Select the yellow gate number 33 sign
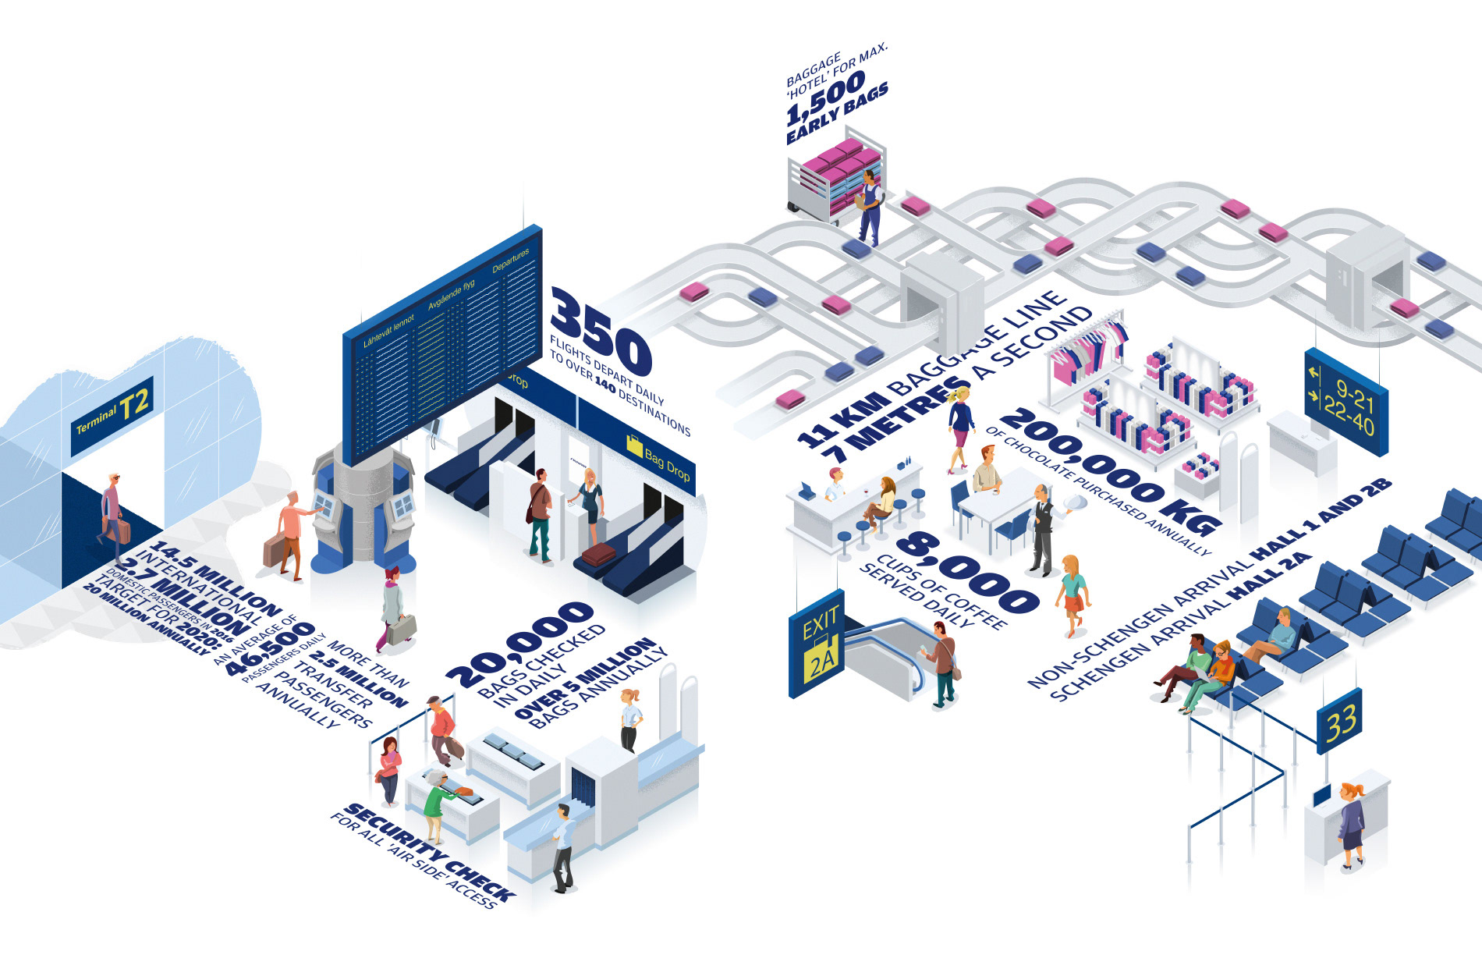pyautogui.click(x=1340, y=722)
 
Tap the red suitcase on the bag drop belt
pyautogui.click(x=598, y=555)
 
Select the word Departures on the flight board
pyautogui.click(x=511, y=260)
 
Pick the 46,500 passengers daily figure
pyautogui.click(x=269, y=648)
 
